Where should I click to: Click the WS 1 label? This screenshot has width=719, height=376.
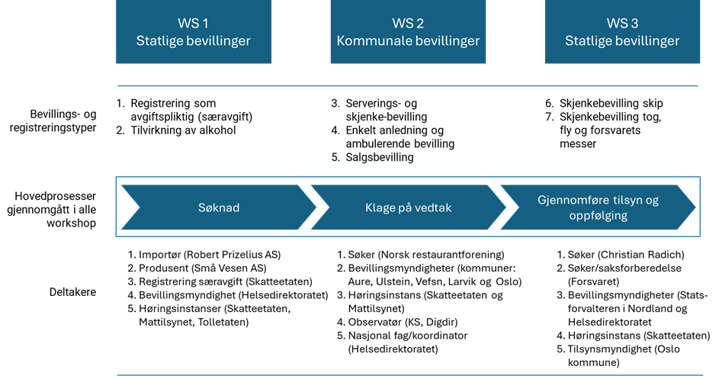pos(193,24)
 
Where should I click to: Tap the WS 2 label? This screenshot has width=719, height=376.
pos(408,24)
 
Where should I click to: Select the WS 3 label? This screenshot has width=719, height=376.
pos(622,24)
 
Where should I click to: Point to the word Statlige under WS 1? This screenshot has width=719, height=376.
pos(160,41)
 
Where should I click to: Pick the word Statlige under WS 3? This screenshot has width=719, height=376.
pos(589,41)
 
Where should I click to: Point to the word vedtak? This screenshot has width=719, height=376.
pos(434,207)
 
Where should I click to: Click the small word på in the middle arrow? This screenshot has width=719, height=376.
pos(406,207)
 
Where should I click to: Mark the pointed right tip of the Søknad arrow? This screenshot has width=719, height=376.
pos(316,207)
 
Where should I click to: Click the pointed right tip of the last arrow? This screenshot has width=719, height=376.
pos(695,207)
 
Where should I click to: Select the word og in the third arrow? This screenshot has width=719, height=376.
pos(650,201)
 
